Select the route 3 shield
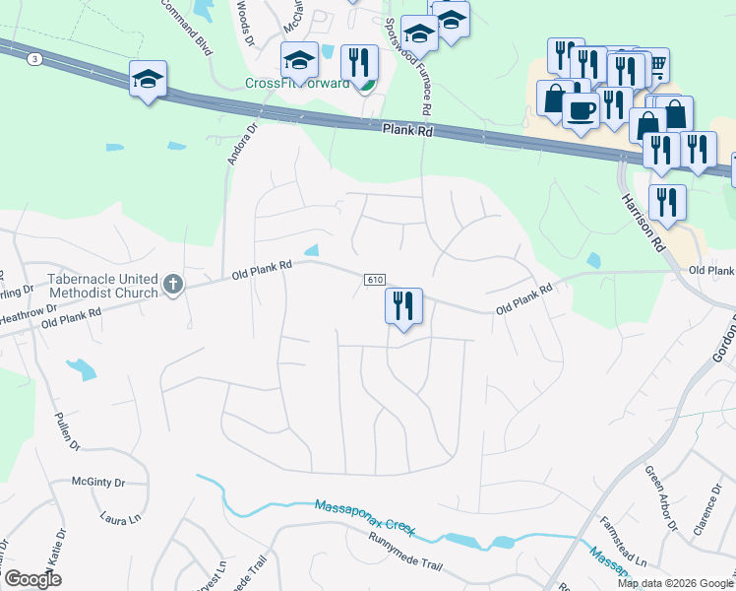point(35,59)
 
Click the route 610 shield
point(373,280)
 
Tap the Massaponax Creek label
point(363,519)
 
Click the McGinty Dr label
point(98,483)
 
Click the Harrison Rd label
point(644,225)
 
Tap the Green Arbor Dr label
point(658,499)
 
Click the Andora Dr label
point(241,143)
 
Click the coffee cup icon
point(582,109)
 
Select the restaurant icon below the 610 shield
point(403,305)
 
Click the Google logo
point(32,579)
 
